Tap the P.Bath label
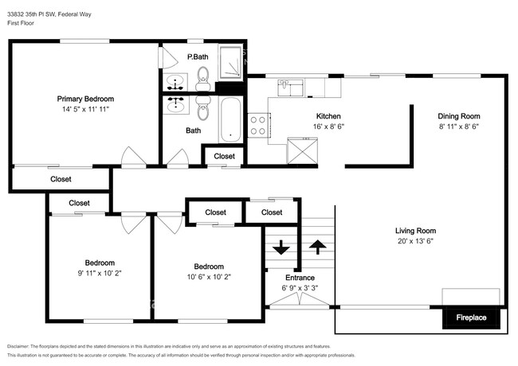(198, 56)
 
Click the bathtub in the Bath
(228, 119)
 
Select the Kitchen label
(329, 115)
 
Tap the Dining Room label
(458, 115)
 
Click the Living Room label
(419, 231)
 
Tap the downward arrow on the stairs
(281, 247)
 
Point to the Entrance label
(299, 278)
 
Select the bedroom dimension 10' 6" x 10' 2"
(208, 277)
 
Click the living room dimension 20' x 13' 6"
(419, 241)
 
